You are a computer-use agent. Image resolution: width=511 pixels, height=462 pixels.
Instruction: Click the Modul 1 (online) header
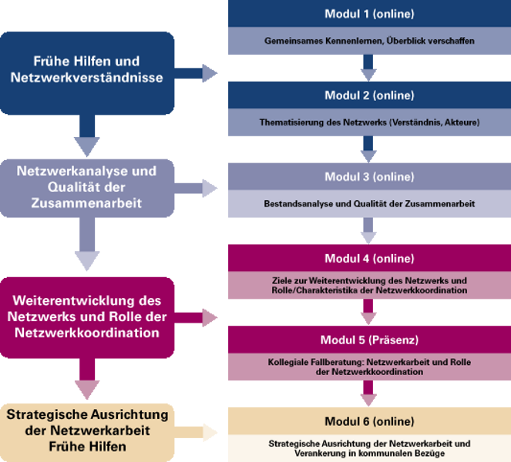coord(368,14)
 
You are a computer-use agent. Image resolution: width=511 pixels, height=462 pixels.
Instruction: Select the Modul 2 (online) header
coord(368,95)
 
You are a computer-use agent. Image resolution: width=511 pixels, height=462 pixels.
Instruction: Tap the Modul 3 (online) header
coord(368,177)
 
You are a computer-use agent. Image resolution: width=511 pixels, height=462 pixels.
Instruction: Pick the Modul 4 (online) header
coord(368,258)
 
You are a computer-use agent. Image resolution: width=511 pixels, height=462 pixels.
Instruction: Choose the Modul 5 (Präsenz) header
coord(368,340)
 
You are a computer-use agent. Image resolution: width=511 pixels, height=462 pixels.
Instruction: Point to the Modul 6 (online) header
coord(368,422)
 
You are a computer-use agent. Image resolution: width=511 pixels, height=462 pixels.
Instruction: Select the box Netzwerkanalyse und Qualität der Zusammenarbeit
coord(87,187)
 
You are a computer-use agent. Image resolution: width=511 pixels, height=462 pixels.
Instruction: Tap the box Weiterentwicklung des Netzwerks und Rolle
coord(87,317)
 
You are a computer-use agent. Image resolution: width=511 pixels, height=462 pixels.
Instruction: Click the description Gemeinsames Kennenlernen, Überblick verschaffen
coord(368,39)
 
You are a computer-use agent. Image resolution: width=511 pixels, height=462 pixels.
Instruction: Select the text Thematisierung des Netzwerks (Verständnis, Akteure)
coord(368,122)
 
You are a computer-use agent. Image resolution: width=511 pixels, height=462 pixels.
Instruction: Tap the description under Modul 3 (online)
coord(368,203)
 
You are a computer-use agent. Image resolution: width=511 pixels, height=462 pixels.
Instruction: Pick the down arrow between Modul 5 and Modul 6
coord(368,395)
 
